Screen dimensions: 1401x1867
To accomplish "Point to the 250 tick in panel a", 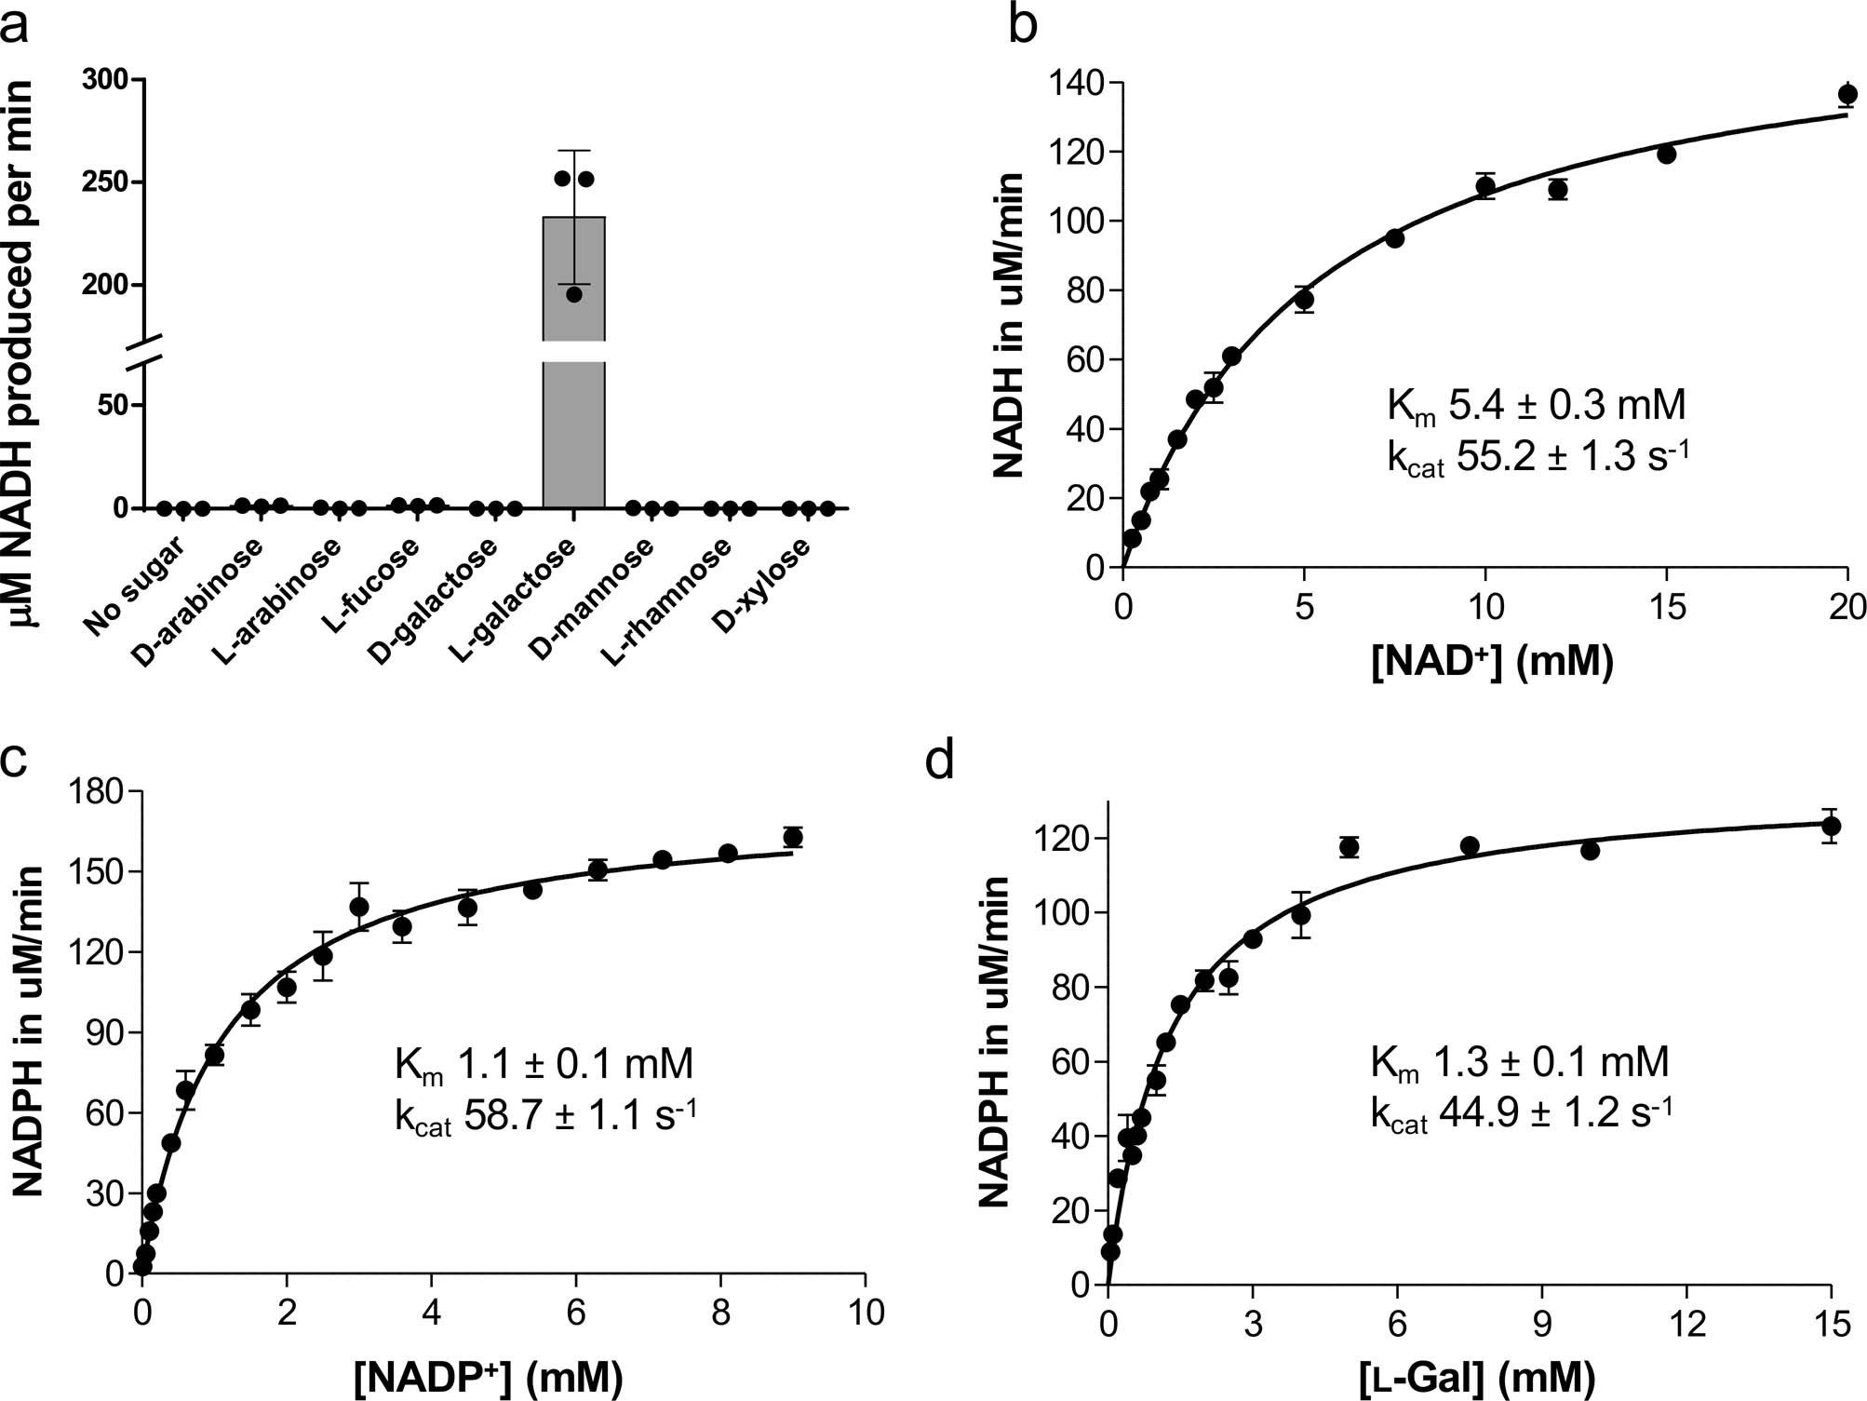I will pos(104,182).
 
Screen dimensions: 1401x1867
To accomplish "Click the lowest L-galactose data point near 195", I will pos(573,294).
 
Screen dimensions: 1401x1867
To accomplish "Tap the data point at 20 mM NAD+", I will pos(1847,94).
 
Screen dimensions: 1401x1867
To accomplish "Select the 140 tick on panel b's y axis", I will pos(1078,84).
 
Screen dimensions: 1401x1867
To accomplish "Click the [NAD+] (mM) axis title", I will pos(1492,662).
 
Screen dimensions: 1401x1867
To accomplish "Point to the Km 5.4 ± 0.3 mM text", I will pos(1536,407).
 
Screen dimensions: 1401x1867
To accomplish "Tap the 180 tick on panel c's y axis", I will pos(97,792).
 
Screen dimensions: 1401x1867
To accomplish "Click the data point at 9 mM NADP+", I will pos(793,837).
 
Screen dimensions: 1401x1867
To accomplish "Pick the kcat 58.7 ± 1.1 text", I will pos(545,1115).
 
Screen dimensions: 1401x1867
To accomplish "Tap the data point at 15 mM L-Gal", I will pos(1831,826).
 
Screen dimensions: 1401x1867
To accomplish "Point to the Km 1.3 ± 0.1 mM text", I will pos(1519,1062).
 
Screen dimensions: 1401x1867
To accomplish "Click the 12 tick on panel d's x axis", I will pos(1686,1323).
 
